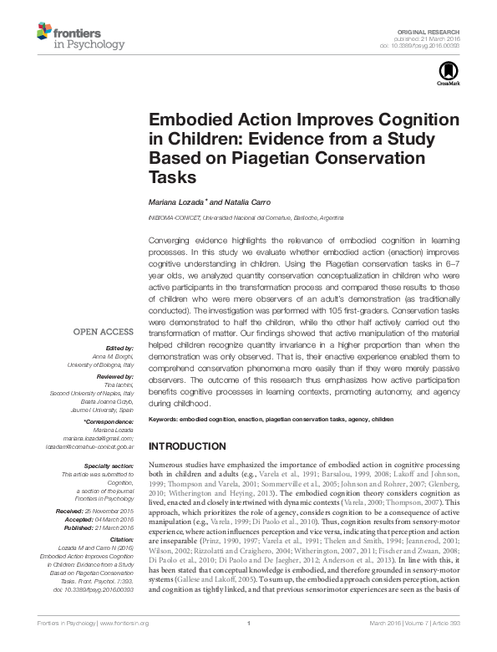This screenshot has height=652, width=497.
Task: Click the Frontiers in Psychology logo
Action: point(80,36)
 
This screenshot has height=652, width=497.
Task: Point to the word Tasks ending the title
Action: point(171,177)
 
